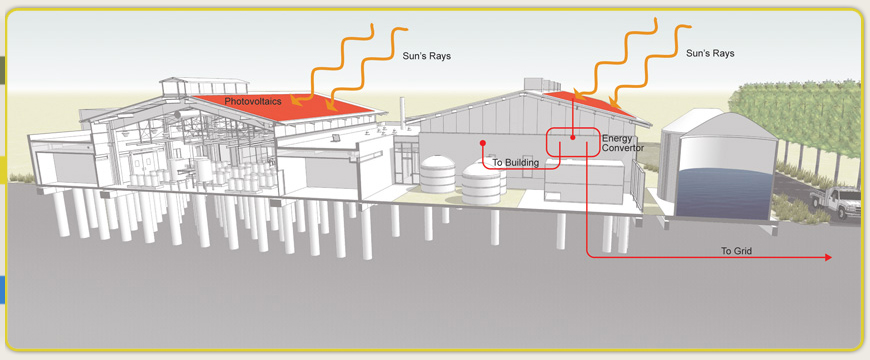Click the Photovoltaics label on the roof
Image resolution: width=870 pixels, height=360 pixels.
coord(253,101)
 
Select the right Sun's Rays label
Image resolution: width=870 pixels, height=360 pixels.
coord(711,50)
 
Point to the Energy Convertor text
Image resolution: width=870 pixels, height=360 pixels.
coord(623,143)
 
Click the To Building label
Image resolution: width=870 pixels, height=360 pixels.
coord(516,162)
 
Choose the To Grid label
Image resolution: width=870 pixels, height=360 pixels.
coord(737,250)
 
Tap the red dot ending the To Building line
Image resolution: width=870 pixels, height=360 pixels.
coord(483,142)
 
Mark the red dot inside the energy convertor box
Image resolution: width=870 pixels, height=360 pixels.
coord(572,138)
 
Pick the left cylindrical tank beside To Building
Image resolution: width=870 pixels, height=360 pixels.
coord(439,174)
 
